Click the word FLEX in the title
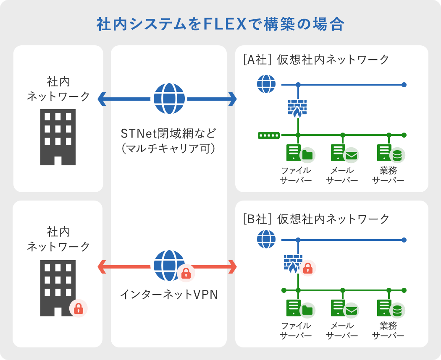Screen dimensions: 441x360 (x=225, y=24)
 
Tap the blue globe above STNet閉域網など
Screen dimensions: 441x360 (x=169, y=99)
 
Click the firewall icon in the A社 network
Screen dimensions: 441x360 (x=297, y=109)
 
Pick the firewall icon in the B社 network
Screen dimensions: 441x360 (x=293, y=264)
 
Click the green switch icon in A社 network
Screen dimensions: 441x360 (x=269, y=136)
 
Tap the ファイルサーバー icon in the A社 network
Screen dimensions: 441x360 (x=301, y=154)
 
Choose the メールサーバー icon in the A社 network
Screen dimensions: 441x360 (x=345, y=154)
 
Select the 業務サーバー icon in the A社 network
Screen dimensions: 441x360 (x=391, y=154)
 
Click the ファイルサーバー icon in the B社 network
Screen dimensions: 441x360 (x=301, y=309)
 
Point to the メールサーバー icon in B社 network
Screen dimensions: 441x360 (x=345, y=309)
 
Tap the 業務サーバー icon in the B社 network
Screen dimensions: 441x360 (x=391, y=309)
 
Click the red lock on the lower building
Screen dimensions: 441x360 (x=79, y=308)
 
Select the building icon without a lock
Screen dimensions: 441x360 (x=58, y=137)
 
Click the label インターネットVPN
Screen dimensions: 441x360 (x=169, y=295)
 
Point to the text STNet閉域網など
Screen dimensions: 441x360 (x=168, y=133)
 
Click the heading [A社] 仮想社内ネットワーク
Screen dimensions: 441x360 (x=316, y=60)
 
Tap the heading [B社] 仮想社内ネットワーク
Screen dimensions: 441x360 (x=316, y=219)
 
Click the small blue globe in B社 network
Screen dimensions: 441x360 (x=266, y=239)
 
